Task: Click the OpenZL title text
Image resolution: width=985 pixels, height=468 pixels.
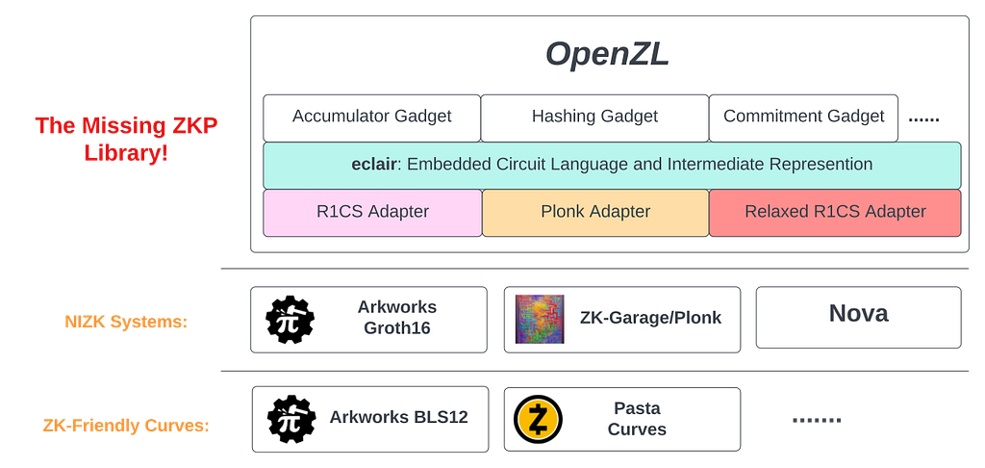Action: coord(607,55)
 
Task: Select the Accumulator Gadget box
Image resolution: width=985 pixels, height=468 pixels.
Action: coord(371,117)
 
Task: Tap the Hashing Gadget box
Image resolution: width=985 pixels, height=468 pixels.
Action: coord(594,117)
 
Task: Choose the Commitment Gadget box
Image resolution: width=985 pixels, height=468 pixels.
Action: coord(803,117)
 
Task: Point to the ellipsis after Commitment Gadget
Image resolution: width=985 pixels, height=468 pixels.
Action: coord(923,118)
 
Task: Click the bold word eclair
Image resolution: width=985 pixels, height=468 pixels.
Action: coord(374,165)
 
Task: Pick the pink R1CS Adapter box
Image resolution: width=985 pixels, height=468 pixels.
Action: coord(372,212)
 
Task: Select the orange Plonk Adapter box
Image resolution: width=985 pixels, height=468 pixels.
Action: coord(595,212)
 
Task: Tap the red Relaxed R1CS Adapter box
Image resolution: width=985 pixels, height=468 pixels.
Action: coord(835,212)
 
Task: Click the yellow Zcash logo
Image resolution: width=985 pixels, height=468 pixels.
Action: coord(538,419)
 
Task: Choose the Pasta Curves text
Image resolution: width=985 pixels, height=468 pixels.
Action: coord(637,419)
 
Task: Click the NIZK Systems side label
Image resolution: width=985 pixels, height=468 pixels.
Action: coord(127,323)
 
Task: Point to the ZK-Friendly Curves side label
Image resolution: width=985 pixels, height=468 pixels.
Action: coord(126,425)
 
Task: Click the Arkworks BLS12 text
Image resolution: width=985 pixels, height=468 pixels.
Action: coord(398,418)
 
